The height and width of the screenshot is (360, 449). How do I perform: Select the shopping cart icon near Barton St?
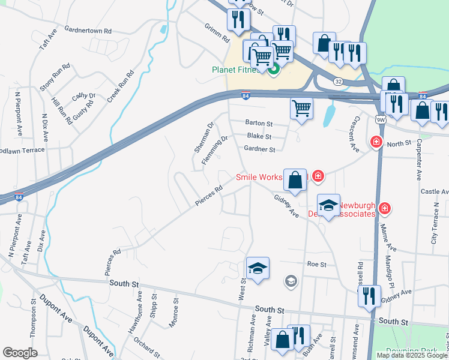click(x=301, y=109)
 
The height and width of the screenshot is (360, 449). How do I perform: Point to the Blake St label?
click(x=259, y=137)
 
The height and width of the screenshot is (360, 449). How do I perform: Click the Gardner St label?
click(x=259, y=149)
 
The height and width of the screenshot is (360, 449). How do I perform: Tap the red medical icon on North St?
click(x=376, y=142)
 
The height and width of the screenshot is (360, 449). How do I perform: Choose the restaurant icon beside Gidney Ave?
click(x=369, y=296)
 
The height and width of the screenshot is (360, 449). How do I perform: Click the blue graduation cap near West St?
click(x=257, y=268)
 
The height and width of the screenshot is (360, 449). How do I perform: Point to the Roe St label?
click(x=316, y=264)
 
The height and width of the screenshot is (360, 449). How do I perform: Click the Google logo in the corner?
click(x=19, y=353)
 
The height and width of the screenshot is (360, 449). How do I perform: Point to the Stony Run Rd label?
click(x=55, y=77)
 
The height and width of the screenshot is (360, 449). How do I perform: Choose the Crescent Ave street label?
click(x=354, y=131)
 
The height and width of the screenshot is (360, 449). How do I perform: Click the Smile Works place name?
click(x=263, y=177)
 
